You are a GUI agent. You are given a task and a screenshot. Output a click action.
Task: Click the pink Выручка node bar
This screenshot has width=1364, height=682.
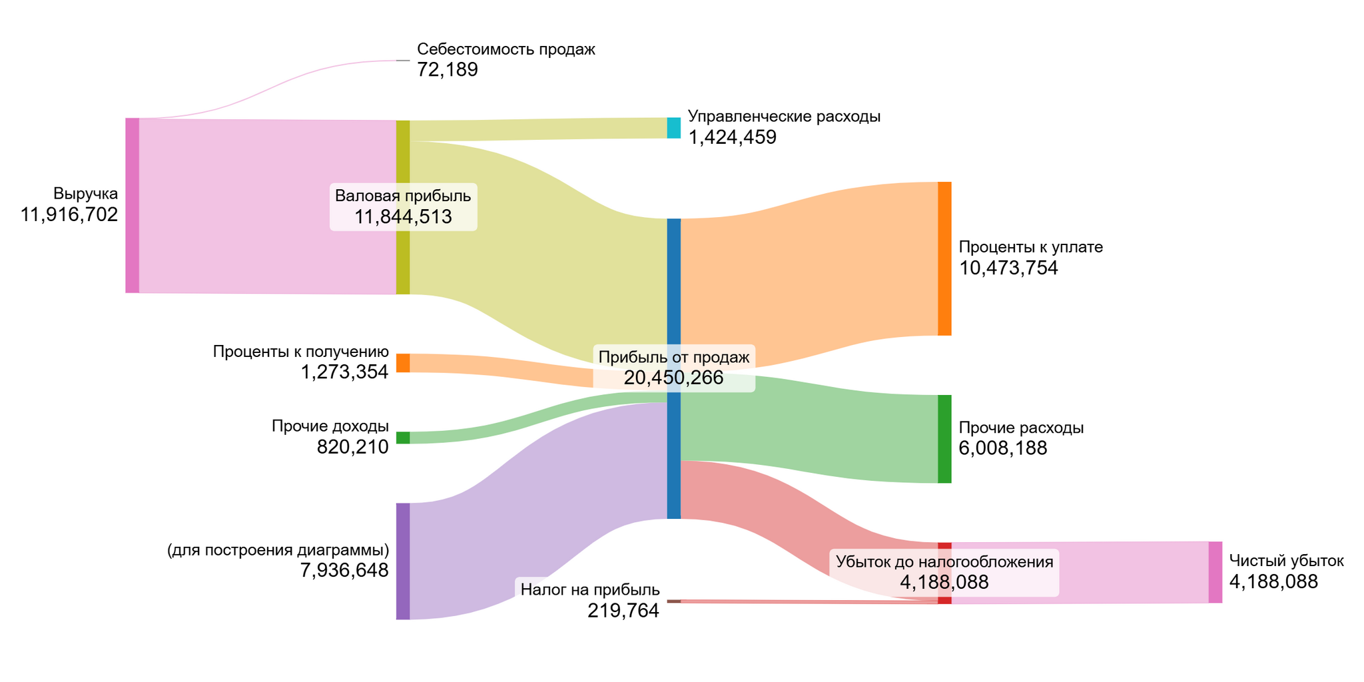pyautogui.click(x=132, y=205)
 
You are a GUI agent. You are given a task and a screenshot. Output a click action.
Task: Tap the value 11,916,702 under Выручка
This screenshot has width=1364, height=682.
pyautogui.click(x=69, y=215)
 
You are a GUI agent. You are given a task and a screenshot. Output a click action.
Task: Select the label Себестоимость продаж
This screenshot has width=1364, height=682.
pyautogui.click(x=506, y=49)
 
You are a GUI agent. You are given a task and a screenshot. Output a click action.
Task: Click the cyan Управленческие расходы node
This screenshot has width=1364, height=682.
pyautogui.click(x=673, y=128)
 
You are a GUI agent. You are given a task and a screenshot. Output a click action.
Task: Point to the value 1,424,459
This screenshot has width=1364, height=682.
pyautogui.click(x=732, y=138)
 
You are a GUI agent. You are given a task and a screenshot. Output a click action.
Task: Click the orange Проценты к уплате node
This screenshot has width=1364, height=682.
pyautogui.click(x=944, y=258)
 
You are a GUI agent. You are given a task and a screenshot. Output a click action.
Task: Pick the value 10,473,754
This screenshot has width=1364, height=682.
pyautogui.click(x=1008, y=268)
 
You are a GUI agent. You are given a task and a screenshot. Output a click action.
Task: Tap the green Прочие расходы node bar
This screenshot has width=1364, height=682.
pyautogui.click(x=944, y=439)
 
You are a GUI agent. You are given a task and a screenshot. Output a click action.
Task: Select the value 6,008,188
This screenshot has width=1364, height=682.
pyautogui.click(x=1002, y=448)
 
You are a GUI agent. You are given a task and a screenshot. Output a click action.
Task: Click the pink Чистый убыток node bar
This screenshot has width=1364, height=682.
pyautogui.click(x=1215, y=572)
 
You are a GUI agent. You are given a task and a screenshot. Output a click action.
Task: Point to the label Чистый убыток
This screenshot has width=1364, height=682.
pyautogui.click(x=1286, y=561)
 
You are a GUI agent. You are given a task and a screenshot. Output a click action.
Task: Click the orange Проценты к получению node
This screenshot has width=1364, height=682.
pyautogui.click(x=403, y=363)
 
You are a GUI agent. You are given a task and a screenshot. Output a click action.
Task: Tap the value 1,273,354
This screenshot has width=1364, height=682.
pyautogui.click(x=344, y=372)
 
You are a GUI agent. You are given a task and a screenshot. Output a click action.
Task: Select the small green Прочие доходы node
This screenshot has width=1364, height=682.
pyautogui.click(x=403, y=438)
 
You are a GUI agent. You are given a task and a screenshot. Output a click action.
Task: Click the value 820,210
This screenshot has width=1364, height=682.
pyautogui.click(x=352, y=447)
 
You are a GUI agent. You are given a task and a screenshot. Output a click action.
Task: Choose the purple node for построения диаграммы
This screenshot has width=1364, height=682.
pyautogui.click(x=403, y=561)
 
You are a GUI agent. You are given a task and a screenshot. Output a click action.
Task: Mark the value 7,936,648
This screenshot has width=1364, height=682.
pyautogui.click(x=344, y=571)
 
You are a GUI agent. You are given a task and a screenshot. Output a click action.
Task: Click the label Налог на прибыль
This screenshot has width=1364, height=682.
pyautogui.click(x=590, y=590)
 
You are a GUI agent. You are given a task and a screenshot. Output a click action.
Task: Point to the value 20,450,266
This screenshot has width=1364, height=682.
pyautogui.click(x=673, y=378)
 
